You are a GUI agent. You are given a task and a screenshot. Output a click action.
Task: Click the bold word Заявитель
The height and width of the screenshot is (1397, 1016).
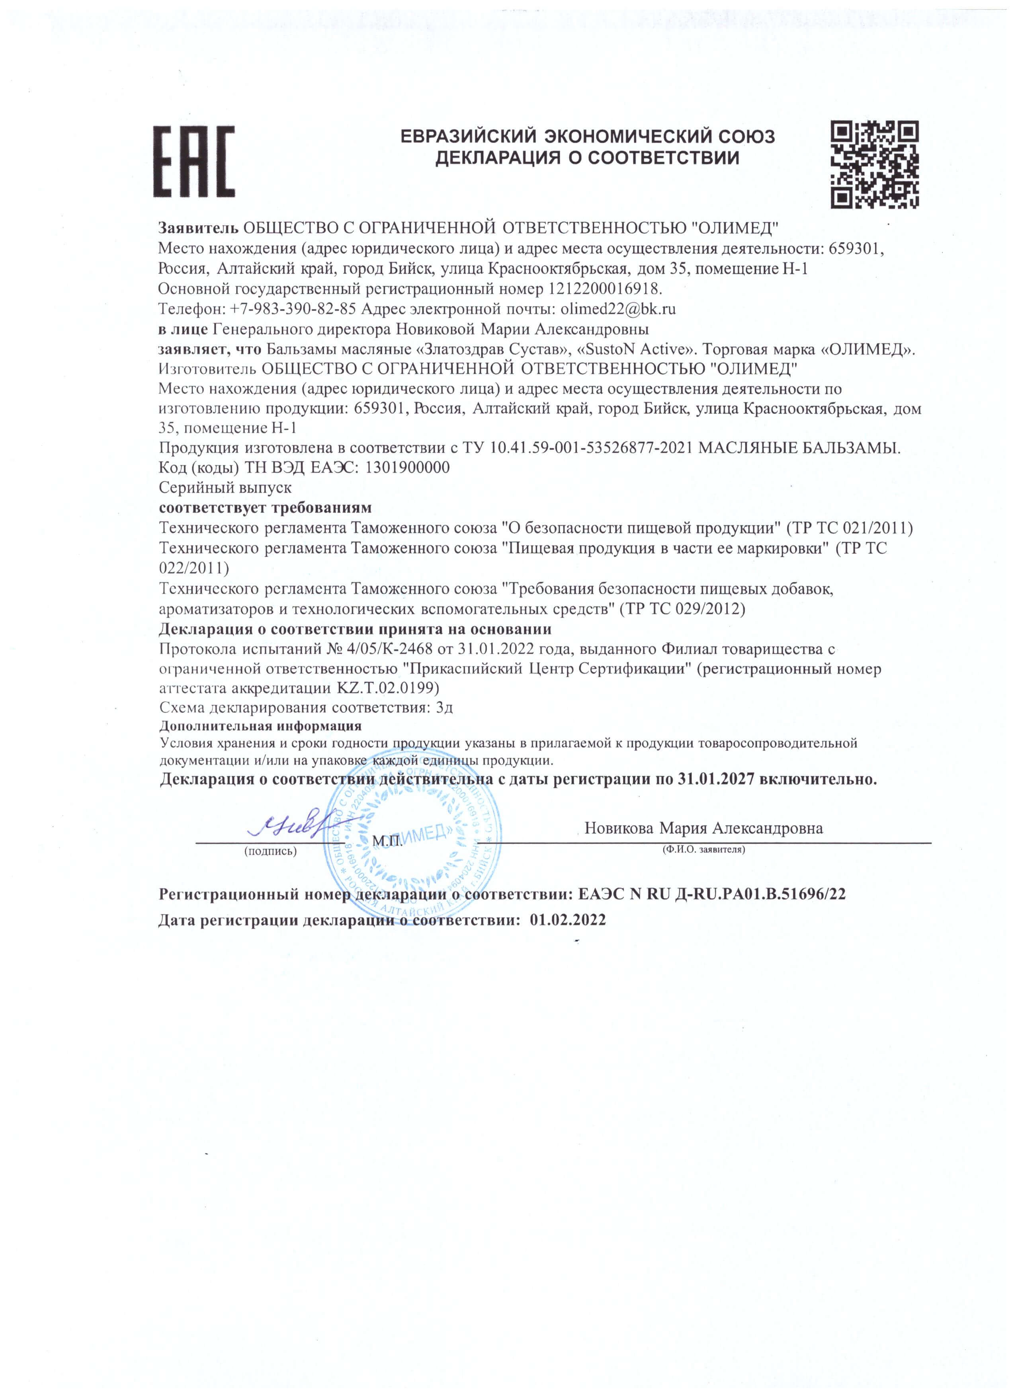tap(198, 228)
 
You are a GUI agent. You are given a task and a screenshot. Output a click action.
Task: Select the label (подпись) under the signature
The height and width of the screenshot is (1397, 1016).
tap(270, 852)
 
